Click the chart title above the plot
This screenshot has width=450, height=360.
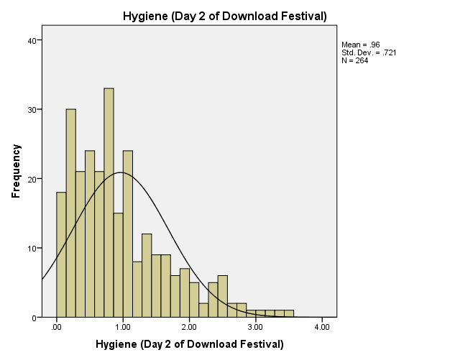point(225,16)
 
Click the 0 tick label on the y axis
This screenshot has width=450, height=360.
point(35,318)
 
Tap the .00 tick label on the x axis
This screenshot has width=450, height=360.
point(57,327)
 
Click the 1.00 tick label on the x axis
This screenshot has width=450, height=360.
point(123,327)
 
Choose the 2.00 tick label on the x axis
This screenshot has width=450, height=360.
point(189,327)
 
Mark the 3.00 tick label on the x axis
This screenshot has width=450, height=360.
point(256,327)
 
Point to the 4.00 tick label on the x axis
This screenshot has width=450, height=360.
point(322,327)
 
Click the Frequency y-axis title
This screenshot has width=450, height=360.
point(16,171)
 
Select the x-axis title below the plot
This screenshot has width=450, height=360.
point(189,344)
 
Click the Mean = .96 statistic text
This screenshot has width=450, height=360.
point(361,45)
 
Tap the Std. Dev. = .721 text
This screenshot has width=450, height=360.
point(369,52)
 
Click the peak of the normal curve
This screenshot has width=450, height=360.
point(121,172)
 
